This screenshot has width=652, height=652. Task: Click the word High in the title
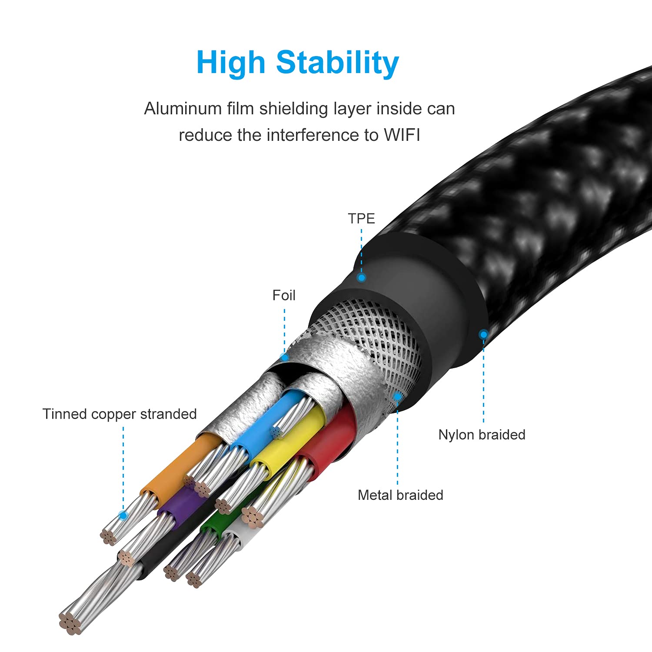coord(230,63)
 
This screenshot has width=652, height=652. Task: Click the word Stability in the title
coord(337,63)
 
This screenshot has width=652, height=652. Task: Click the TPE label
coord(361,218)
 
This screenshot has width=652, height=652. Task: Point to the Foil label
coord(284,296)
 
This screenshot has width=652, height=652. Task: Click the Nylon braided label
coord(482,435)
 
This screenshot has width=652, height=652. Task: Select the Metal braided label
coord(400,495)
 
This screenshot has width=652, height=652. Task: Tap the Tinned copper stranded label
coord(120,414)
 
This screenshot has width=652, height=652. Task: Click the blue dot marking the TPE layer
coord(361,277)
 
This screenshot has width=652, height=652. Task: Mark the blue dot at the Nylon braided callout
coord(483,334)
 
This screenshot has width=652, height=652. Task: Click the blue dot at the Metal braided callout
coord(397,396)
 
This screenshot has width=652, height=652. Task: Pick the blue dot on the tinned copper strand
coord(123,516)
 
